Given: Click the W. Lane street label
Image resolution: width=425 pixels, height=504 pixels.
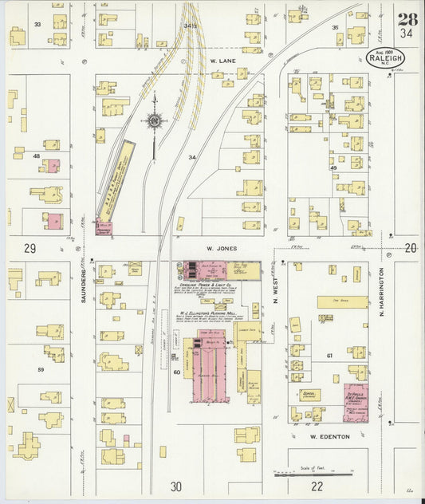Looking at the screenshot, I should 219,60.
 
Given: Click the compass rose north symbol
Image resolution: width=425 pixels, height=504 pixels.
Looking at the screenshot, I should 154,121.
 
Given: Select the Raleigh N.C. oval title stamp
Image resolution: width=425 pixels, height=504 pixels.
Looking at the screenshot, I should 387,57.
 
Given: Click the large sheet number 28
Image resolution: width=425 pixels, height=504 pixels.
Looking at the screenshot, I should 407,19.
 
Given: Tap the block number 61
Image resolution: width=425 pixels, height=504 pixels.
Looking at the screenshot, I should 329,355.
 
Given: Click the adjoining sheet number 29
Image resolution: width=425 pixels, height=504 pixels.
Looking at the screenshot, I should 30,249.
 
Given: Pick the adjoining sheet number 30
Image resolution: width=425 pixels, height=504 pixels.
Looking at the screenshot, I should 175,486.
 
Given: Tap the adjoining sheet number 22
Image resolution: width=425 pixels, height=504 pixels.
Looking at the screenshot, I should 317,486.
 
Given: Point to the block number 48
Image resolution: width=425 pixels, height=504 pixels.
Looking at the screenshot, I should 36,156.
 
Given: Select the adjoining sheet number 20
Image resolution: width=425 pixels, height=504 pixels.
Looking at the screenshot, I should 410,248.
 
